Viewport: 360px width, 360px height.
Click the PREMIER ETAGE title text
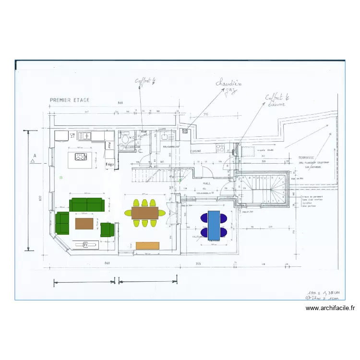70,100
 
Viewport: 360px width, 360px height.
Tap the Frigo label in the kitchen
110,164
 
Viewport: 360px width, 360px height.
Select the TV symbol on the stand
86,245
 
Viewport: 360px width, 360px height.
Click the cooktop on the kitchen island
81,156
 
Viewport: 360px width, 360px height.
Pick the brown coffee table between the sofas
84,223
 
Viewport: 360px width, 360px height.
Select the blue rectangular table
214,225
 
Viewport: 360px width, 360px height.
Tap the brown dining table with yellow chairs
144,213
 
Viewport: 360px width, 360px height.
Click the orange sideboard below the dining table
147,245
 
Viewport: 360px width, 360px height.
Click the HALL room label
206,183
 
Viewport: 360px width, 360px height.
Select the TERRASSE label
305,157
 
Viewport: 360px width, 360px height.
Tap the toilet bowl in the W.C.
125,139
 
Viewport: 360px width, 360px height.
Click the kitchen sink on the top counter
84,136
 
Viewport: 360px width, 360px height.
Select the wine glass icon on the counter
72,136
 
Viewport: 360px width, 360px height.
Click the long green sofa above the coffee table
87,204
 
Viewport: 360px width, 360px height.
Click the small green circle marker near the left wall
61,178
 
